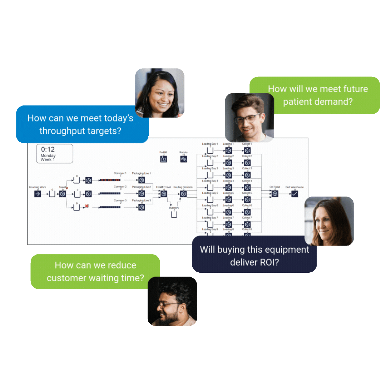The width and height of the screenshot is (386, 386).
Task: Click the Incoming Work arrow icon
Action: (38, 194)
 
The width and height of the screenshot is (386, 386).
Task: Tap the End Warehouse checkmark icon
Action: (295, 194)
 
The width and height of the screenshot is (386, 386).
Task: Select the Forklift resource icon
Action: (163, 159)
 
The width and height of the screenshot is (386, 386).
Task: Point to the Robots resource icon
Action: (184, 159)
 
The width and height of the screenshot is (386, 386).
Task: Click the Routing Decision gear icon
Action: (183, 194)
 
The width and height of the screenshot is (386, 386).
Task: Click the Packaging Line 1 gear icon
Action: (142, 180)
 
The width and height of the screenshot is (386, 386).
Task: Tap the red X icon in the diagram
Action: (86, 207)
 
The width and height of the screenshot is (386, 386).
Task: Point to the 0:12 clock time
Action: (48, 149)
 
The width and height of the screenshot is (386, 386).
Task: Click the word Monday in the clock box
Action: (48, 156)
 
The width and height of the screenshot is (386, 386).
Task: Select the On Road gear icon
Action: (274, 194)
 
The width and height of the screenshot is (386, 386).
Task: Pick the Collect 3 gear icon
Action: (247, 175)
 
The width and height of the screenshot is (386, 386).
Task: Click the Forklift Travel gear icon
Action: (164, 194)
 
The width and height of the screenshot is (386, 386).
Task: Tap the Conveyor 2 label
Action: (120, 187)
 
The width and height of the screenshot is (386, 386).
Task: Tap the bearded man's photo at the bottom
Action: (172, 301)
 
